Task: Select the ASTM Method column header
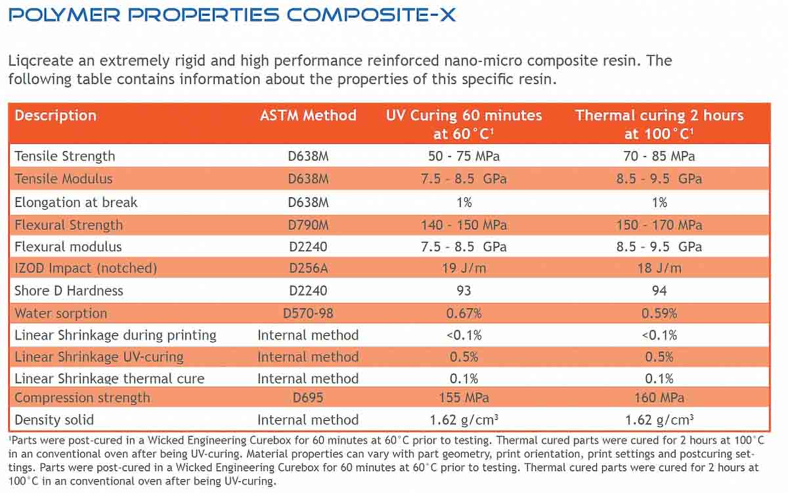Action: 308,116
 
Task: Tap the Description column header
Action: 55,116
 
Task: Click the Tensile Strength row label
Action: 64,156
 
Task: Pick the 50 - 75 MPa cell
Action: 464,156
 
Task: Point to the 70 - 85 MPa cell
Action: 659,156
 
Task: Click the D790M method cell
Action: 308,225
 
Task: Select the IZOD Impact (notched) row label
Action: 85,268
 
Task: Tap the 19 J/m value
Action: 464,268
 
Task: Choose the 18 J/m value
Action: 659,268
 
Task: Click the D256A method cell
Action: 308,268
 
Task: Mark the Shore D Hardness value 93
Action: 464,291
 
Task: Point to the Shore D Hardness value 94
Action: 659,291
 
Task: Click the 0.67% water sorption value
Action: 464,314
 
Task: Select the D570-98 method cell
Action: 308,314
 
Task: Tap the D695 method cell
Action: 308,398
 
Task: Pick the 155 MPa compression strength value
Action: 464,398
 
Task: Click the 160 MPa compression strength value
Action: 659,398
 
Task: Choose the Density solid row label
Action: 54,420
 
